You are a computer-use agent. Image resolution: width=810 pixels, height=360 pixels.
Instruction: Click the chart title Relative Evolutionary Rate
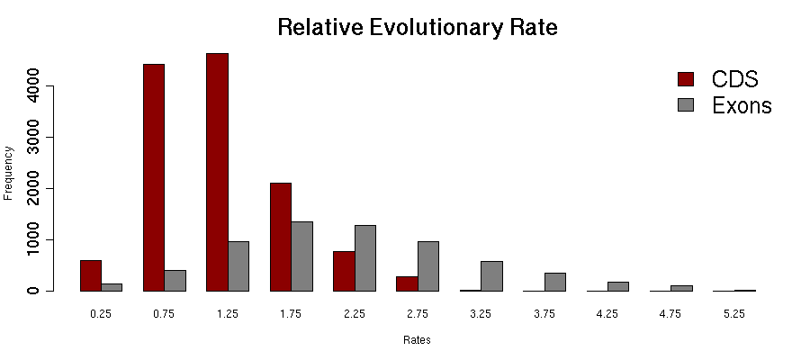tap(418, 28)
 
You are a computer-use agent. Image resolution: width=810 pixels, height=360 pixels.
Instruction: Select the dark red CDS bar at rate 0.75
tap(154, 177)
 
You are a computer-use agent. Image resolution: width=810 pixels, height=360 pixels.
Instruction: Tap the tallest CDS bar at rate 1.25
tap(217, 172)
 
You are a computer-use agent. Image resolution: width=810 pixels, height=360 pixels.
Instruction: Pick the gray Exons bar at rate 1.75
tap(301, 256)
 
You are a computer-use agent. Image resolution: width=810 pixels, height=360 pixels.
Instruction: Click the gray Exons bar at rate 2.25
tap(365, 258)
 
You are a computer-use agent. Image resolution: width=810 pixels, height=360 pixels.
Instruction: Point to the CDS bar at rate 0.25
tap(90, 275)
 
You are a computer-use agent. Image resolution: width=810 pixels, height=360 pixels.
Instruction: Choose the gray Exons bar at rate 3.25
tap(491, 276)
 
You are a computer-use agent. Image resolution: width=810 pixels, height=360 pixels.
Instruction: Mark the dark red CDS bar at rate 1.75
tap(281, 237)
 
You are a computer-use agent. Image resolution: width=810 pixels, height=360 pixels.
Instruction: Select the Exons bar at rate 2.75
tap(428, 266)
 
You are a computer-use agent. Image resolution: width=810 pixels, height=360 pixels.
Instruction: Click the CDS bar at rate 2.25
tap(344, 271)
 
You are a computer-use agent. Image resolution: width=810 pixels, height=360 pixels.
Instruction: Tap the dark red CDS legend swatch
tap(686, 78)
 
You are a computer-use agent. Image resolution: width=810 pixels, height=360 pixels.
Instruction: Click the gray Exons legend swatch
tap(686, 104)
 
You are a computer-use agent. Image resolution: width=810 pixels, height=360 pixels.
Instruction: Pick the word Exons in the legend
tap(742, 105)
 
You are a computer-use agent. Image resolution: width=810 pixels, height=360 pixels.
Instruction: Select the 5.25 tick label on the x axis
tap(733, 314)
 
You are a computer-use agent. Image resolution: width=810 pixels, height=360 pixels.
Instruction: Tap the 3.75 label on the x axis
tap(544, 314)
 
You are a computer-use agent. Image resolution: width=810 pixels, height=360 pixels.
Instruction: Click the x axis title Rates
tap(417, 341)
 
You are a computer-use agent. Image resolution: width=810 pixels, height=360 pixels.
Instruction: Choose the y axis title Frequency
tap(9, 172)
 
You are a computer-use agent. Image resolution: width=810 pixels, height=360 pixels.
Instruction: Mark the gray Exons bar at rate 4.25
tap(618, 286)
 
